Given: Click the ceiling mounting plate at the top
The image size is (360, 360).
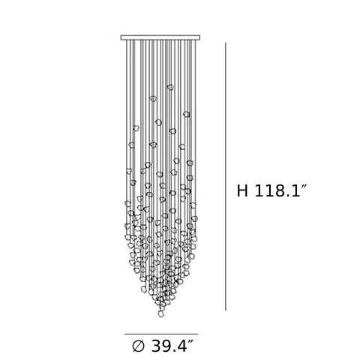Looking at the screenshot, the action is [160, 37].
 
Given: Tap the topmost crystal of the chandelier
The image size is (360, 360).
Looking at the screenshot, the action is [170, 87].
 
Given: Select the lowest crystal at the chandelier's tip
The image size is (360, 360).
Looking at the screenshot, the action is [161, 313].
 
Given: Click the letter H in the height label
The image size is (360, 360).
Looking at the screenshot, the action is [242, 191].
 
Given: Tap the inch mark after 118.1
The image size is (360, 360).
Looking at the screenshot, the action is [304, 187].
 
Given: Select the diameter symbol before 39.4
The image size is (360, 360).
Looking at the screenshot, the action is [138, 346].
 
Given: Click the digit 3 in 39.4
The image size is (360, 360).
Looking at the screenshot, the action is [156, 346].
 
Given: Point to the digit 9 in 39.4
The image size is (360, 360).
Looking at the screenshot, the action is [167, 346].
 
